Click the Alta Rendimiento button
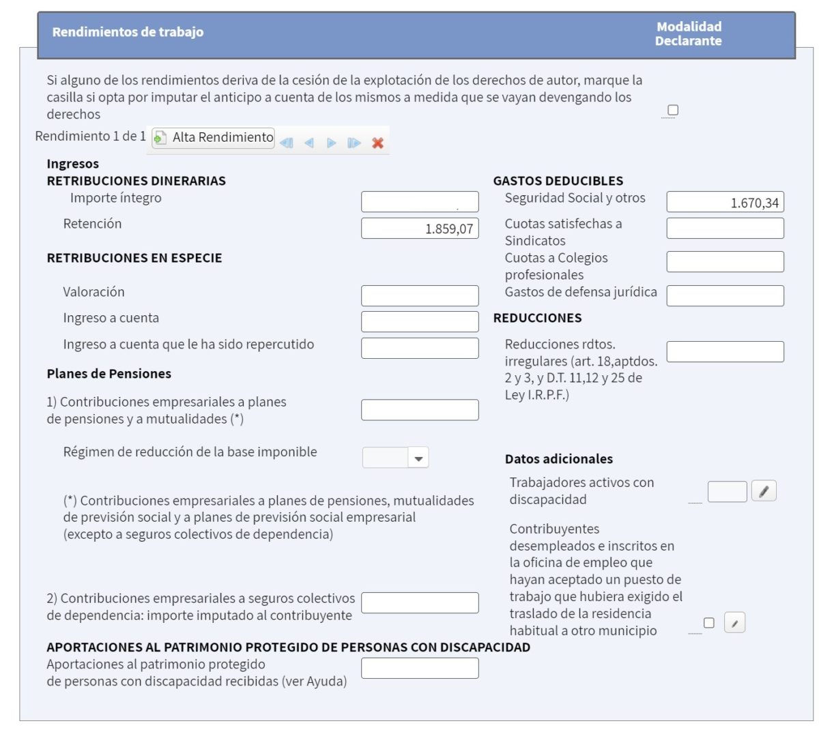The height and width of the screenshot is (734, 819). pyautogui.click(x=213, y=138)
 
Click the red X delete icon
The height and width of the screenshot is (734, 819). pyautogui.click(x=377, y=143)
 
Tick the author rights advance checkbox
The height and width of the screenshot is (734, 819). pyautogui.click(x=673, y=110)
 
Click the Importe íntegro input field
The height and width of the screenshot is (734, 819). pyautogui.click(x=420, y=202)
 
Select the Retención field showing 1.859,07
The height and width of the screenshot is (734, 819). pyautogui.click(x=420, y=229)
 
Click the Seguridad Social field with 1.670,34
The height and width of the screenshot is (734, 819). pyautogui.click(x=725, y=202)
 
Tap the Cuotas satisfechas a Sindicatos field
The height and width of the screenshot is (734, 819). pyautogui.click(x=725, y=229)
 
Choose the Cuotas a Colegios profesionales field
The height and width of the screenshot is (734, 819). pyautogui.click(x=725, y=262)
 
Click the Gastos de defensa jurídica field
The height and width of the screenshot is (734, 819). pyautogui.click(x=725, y=295)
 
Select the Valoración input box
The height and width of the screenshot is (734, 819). pyautogui.click(x=420, y=295)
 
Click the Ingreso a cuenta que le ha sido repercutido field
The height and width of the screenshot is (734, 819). pyautogui.click(x=420, y=348)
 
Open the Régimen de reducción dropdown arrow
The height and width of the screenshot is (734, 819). pyautogui.click(x=418, y=458)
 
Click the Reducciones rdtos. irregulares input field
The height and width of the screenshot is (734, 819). pyautogui.click(x=725, y=352)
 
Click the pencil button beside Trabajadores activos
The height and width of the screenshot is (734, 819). pyautogui.click(x=764, y=491)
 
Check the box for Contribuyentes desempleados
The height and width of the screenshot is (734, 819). pyautogui.click(x=709, y=623)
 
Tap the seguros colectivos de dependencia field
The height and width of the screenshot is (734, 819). pyautogui.click(x=420, y=603)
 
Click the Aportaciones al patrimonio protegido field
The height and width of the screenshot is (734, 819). pyautogui.click(x=420, y=669)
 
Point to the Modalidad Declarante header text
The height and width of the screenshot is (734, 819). pyautogui.click(x=688, y=33)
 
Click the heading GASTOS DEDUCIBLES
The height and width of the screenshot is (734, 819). pyautogui.click(x=558, y=181)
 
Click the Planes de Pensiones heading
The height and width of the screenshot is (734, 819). pyautogui.click(x=109, y=374)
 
